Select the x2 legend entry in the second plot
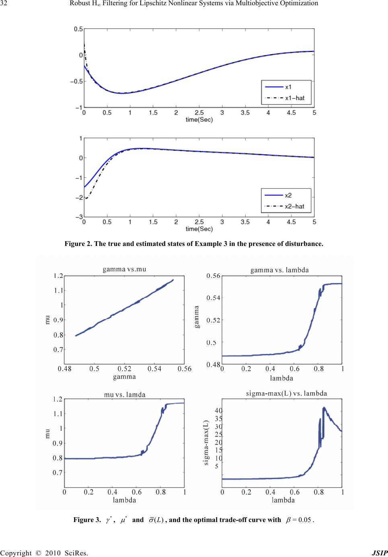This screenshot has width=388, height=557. pos(288,195)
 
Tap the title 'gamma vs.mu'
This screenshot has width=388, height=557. pos(124,269)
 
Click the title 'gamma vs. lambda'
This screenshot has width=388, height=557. pos(279,270)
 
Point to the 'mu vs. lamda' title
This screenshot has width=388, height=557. pos(125,395)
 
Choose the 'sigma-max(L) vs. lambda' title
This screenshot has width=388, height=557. pos(286,393)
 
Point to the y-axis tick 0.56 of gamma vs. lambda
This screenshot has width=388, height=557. pos(213,276)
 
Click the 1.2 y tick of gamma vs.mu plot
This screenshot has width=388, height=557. pos(58,276)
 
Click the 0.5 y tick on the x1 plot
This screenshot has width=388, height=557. pos(78,29)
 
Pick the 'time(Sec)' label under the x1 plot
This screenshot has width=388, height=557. pos(199,119)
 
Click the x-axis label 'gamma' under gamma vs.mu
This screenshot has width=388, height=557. pos(124,377)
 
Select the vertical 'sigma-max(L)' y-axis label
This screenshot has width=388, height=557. pos(206,442)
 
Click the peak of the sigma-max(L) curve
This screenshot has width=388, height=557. pos(324,408)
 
